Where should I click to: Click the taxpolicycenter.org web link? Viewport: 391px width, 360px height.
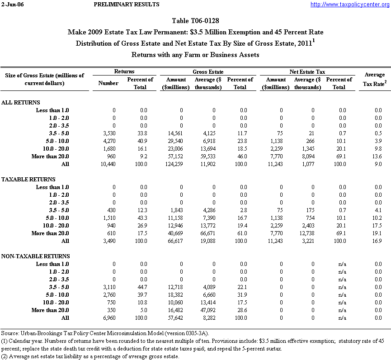(349, 5)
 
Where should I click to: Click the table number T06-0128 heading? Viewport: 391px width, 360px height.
(195, 21)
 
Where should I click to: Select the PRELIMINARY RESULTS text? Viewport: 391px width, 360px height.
(126, 5)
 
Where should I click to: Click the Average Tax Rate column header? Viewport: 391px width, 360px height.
(374, 79)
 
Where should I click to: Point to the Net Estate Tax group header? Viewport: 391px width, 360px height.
(307, 72)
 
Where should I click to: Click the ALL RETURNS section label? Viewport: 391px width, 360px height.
(21, 103)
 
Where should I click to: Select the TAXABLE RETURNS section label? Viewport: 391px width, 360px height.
(28, 180)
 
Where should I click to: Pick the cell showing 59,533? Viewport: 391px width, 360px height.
(212, 156)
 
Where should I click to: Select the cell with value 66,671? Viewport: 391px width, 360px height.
(212, 233)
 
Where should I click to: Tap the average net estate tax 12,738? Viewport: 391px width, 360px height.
(312, 233)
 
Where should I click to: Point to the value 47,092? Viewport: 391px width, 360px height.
(212, 310)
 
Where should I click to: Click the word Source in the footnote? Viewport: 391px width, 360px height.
(10, 333)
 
